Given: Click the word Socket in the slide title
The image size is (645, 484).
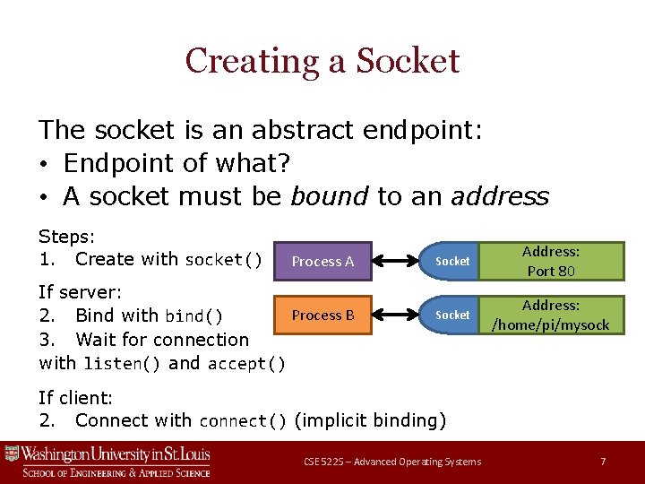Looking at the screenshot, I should pos(408,61).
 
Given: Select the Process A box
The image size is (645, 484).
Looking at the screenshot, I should pos(322,261).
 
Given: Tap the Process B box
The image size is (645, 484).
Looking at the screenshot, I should pos(322,315).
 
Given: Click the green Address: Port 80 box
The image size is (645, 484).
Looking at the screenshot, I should pos(551,261).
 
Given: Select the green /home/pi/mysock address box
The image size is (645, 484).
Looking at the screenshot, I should pos(551,315).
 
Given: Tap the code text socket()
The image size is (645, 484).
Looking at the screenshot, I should pos(223,260).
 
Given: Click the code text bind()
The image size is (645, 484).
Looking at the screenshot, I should pos(193,316).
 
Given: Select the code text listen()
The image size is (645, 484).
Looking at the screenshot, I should pos(122,364).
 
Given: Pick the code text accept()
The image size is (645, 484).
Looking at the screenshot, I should pos(246,364).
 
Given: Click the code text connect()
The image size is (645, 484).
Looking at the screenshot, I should pos(243,421).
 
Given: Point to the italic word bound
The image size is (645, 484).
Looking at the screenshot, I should pos(330,196).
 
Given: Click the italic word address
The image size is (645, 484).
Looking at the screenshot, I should pos(500,196).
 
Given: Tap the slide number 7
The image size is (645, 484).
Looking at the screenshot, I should pos(603,462).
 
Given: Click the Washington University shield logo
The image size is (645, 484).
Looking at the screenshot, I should pos(12,454).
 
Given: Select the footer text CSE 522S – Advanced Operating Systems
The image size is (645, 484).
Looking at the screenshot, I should pos(392,462).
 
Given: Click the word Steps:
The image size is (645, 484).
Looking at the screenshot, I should pos(67,236).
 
